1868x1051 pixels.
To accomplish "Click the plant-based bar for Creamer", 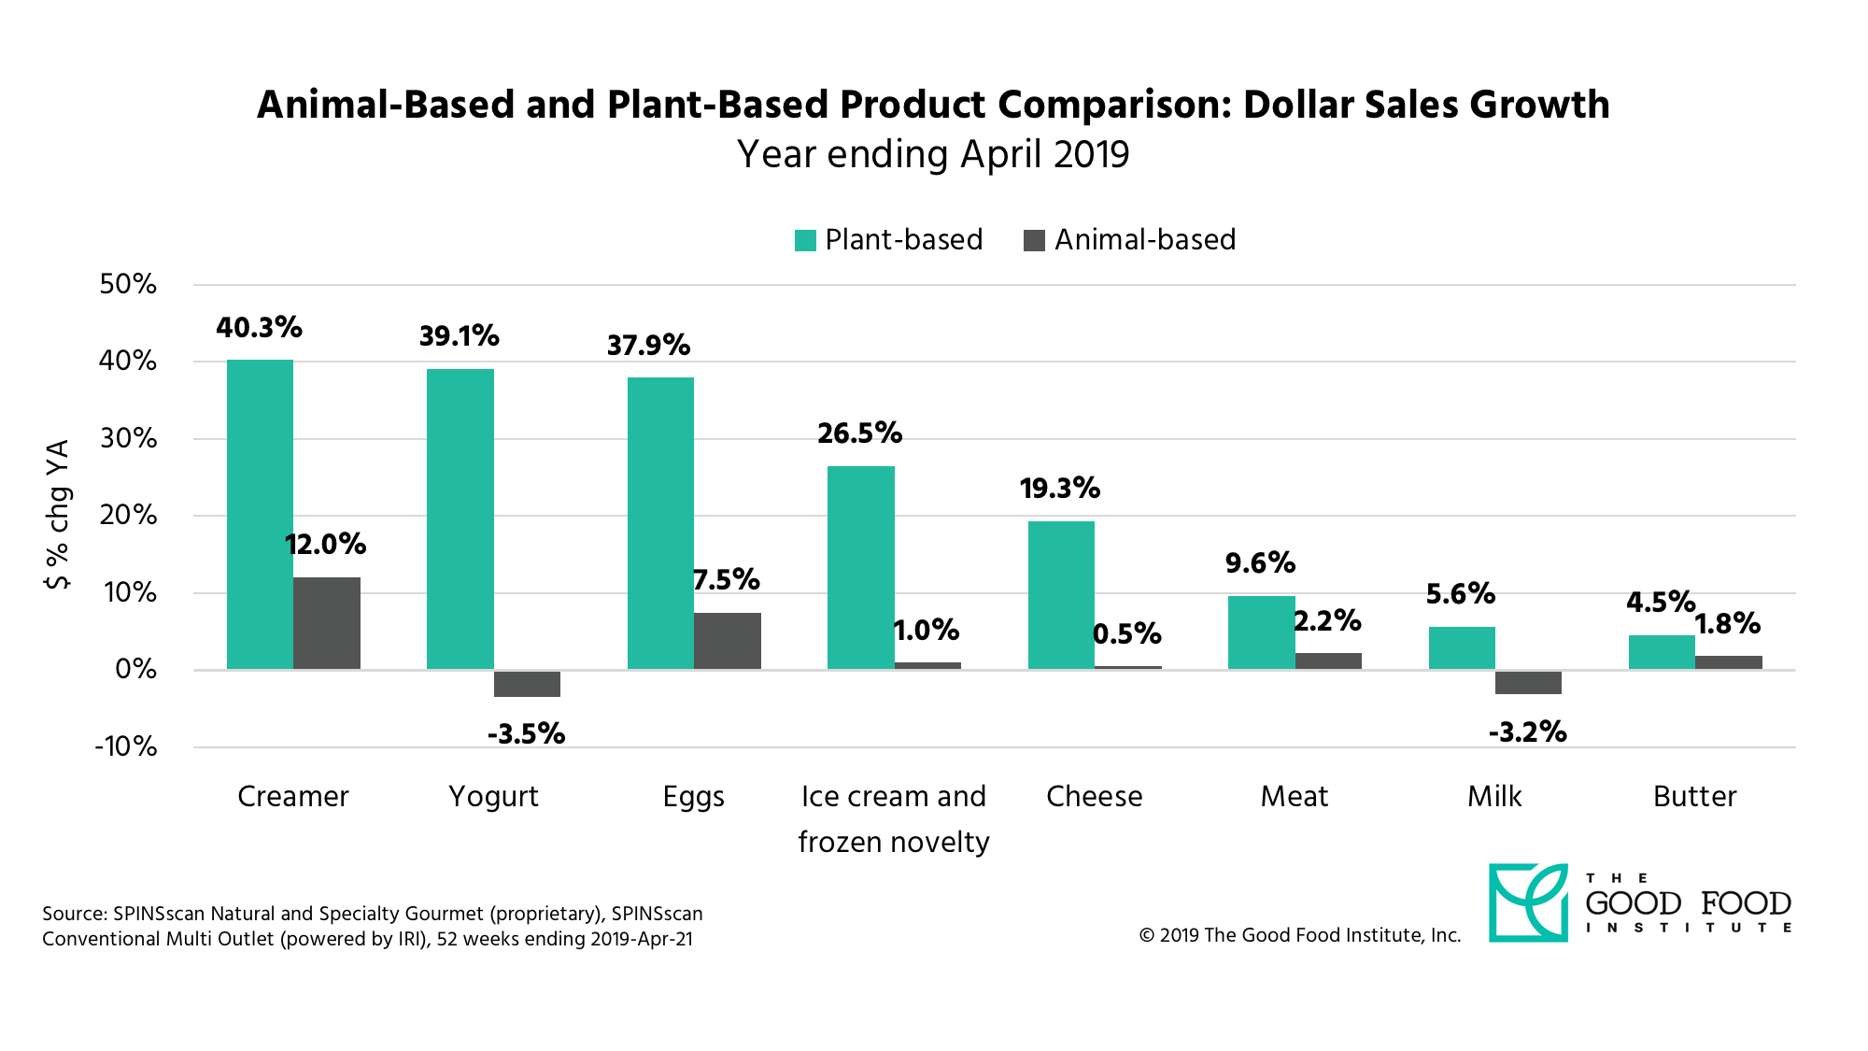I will (260, 514).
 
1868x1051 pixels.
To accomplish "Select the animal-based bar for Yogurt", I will (527, 684).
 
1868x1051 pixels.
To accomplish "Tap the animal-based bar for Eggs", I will (727, 641).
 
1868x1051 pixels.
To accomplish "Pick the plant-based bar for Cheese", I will (1061, 595).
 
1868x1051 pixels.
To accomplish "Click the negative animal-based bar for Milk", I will (1528, 683).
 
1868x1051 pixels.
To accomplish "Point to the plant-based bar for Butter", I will (1662, 652).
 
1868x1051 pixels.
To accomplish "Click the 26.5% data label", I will (859, 433).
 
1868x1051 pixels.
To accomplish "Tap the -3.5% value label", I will (526, 734).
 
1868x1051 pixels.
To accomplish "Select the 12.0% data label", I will (325, 545).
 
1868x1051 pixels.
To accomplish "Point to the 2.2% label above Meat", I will (1327, 621).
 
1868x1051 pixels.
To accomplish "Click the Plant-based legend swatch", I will (805, 241).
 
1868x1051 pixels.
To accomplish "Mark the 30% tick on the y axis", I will (129, 438).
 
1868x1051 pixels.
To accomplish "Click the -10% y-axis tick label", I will (126, 746).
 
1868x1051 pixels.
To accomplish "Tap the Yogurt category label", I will (493, 796).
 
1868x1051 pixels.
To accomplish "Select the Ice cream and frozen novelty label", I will (893, 818).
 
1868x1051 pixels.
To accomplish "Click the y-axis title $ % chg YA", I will (58, 515).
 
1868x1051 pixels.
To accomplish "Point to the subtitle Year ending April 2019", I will (933, 154).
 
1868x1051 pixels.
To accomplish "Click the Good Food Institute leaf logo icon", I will (1528, 902).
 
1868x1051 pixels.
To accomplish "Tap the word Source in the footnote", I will (74, 914).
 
